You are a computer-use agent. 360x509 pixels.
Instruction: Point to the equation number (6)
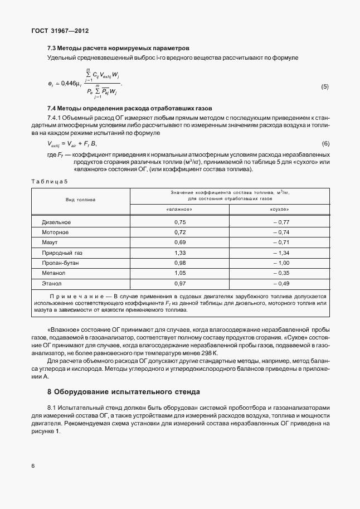click(x=325, y=144)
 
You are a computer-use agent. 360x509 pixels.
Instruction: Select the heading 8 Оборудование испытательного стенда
click(x=123, y=391)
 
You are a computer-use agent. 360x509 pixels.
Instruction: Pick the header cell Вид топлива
click(x=80, y=199)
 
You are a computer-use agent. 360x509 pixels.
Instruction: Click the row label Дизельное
click(x=56, y=222)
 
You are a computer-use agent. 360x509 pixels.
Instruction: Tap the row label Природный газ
click(x=62, y=253)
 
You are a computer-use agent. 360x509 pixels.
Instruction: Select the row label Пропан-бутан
click(x=60, y=263)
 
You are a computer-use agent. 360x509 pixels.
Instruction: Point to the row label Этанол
click(x=52, y=283)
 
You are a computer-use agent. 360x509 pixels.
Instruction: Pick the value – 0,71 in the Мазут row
click(x=282, y=243)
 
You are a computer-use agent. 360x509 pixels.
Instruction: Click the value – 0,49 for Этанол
click(x=282, y=283)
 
